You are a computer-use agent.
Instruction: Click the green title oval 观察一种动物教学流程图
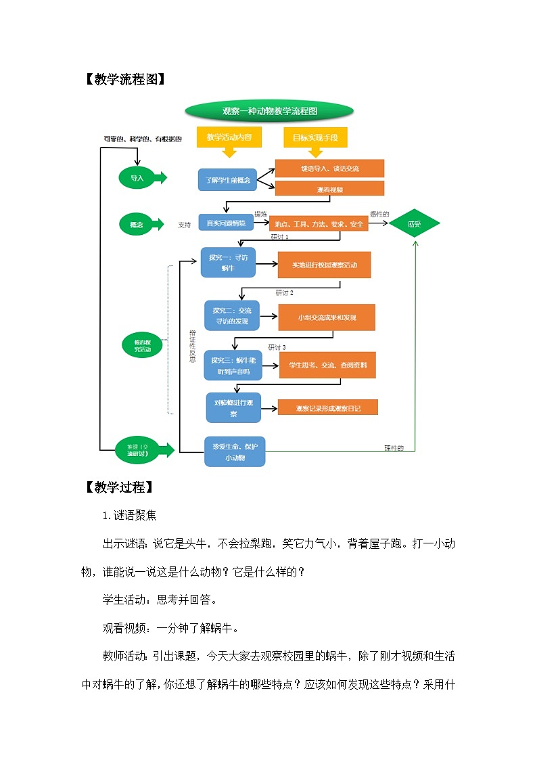[269, 111]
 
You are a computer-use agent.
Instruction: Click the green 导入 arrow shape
[141, 178]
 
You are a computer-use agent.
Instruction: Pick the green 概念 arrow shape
[140, 224]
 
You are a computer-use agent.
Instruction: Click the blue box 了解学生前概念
[227, 180]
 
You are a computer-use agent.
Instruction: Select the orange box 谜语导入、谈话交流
[329, 169]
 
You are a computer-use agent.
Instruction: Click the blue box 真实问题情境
[225, 223]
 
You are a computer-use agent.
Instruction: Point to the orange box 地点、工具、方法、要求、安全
[319, 224]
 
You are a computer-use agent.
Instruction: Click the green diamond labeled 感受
[414, 223]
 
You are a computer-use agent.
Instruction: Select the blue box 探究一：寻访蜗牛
[228, 263]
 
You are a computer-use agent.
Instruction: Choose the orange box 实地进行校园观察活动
[324, 265]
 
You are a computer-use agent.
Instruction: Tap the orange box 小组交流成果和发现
[326, 317]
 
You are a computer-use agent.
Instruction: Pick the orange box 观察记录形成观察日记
[327, 407]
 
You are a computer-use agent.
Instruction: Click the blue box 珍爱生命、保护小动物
[234, 451]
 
